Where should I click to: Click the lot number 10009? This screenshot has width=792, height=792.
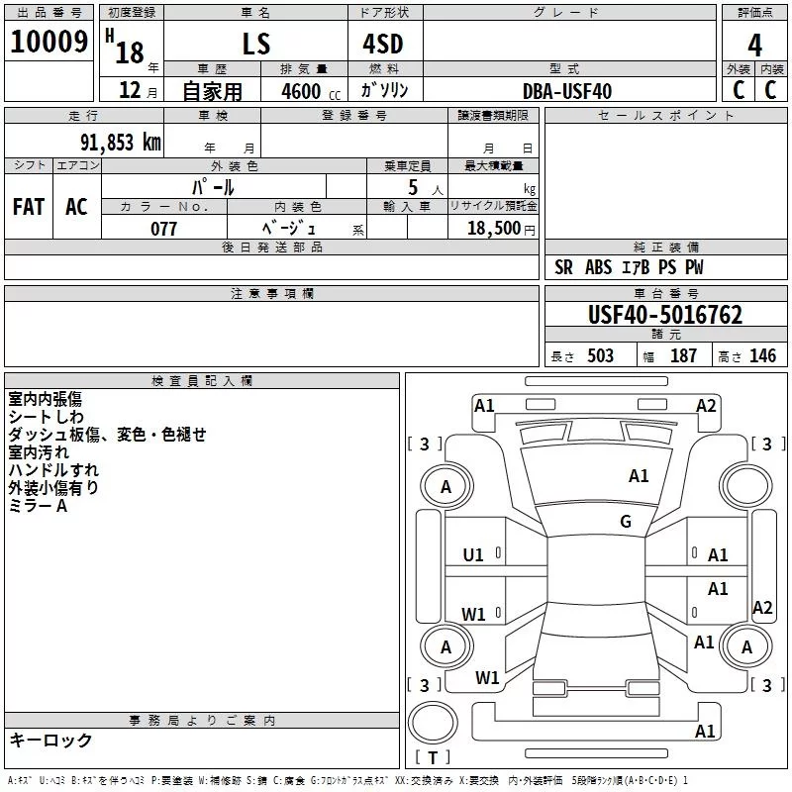tap(49, 43)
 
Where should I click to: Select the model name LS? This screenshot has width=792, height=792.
tap(256, 45)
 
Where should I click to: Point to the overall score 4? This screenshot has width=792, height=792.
tap(755, 45)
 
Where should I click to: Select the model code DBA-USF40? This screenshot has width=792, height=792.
tap(567, 92)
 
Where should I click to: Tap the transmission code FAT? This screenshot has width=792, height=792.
tap(28, 206)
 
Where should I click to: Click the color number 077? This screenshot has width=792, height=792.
tap(164, 229)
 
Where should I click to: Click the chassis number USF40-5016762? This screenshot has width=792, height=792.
tap(665, 315)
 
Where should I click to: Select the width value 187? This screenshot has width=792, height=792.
tap(683, 355)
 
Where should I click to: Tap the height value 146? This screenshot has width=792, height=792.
tap(762, 355)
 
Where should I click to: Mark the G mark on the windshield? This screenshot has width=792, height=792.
tap(626, 522)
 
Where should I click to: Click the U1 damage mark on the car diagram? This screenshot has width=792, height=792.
tap(473, 555)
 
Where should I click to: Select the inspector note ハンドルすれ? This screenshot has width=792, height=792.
tap(53, 470)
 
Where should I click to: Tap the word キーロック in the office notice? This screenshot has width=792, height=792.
tap(50, 741)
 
